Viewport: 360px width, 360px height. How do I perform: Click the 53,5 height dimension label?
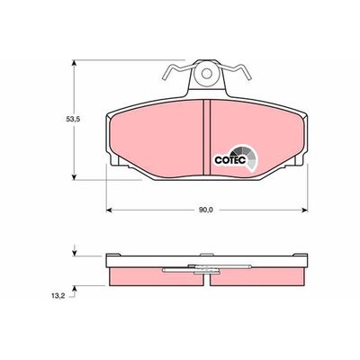[73, 119]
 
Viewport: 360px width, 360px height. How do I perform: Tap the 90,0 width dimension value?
[205, 211]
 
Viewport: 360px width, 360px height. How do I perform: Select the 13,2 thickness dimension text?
[58, 296]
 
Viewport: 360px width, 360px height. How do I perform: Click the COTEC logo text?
[230, 160]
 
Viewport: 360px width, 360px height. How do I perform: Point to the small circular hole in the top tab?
[206, 73]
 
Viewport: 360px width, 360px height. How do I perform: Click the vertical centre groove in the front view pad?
[207, 138]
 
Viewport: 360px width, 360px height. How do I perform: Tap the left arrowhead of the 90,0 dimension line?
[109, 210]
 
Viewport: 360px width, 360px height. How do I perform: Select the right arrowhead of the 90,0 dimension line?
[305, 210]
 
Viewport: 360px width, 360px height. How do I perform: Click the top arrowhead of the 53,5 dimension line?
[74, 63]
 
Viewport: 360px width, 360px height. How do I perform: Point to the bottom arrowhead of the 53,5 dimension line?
[74, 177]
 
